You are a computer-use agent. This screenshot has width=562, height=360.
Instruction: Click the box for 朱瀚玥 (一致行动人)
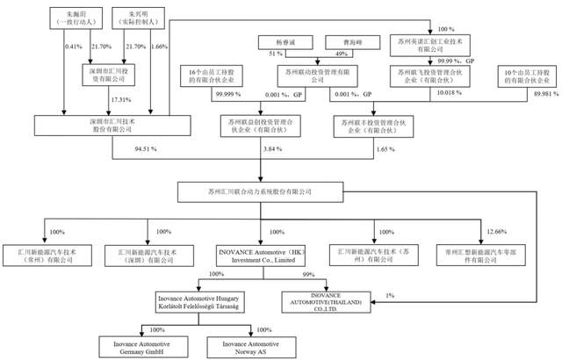coord(78,18)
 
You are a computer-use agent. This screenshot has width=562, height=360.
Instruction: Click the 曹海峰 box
coord(342,41)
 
